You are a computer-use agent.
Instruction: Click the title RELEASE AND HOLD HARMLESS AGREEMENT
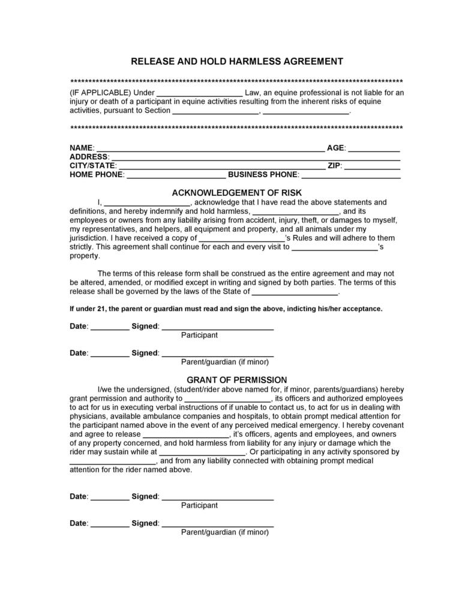(x=237, y=61)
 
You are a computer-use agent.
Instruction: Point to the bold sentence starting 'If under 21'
(x=226, y=309)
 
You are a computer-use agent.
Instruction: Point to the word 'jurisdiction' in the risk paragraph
(x=89, y=238)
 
